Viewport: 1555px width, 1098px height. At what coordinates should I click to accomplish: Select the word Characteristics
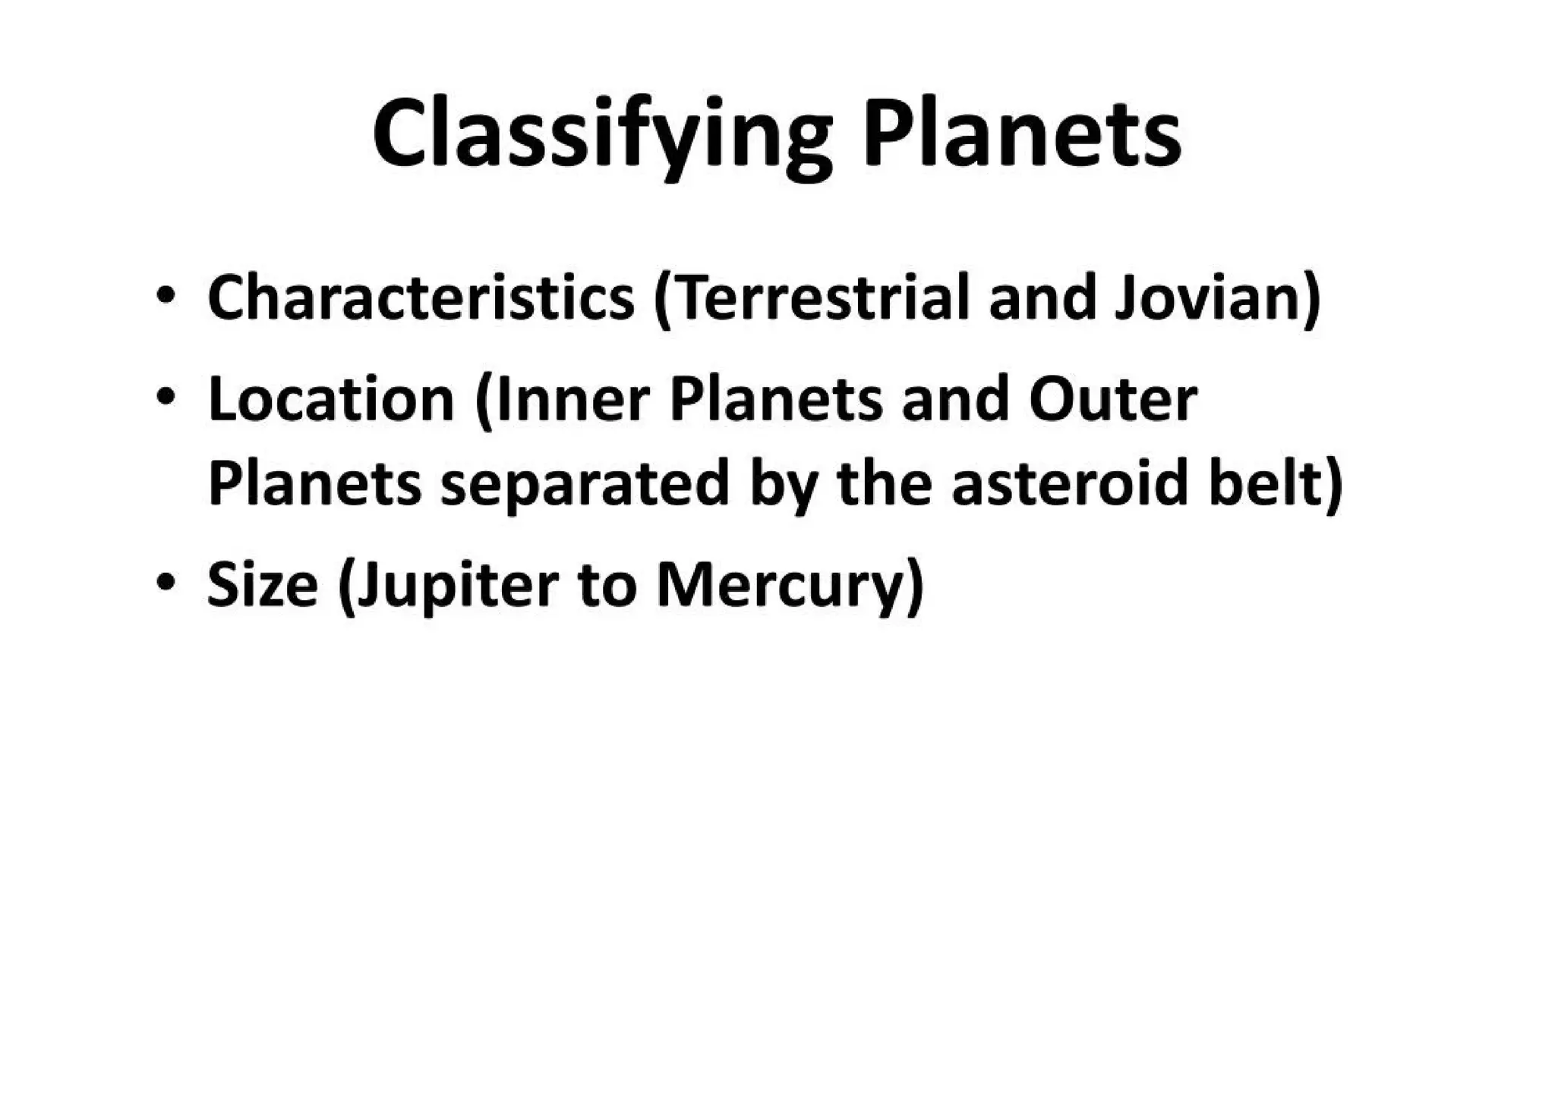click(x=421, y=297)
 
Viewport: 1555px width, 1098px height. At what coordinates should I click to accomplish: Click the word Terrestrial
click(x=819, y=297)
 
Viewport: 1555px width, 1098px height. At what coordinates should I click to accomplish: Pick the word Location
click(x=331, y=400)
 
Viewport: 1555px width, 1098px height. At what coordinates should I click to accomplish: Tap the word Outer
click(x=1113, y=400)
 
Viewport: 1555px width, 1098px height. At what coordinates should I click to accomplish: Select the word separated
click(x=585, y=484)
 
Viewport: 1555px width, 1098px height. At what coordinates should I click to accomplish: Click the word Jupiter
click(x=457, y=586)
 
